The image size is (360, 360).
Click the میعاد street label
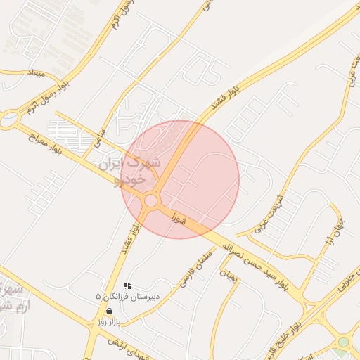tap(34, 73)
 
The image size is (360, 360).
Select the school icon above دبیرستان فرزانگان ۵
tap(127, 285)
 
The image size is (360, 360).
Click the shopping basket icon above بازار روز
tap(109, 311)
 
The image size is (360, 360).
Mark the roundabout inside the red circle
tap(150, 202)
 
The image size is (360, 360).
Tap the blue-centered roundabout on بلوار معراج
tap(8, 120)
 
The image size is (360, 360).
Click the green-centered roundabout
tap(343, 342)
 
